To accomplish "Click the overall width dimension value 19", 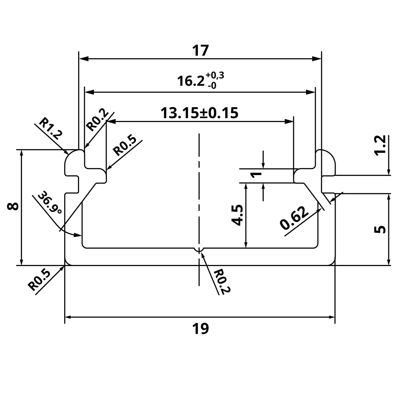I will click(x=200, y=329).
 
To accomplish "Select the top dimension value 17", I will click(x=200, y=51).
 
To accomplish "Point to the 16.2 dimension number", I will click(x=191, y=81).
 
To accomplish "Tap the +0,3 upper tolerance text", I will click(x=215, y=76).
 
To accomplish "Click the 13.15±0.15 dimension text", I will click(x=199, y=113).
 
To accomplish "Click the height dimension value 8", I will click(x=13, y=207).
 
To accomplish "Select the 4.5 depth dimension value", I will click(x=237, y=215).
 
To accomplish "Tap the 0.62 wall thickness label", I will click(x=294, y=218).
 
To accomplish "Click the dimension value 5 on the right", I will click(x=380, y=229).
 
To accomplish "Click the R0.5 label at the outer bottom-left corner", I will click(x=39, y=280).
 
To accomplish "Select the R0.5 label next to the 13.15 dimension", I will click(x=125, y=146).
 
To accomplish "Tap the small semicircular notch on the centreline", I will click(x=199, y=250).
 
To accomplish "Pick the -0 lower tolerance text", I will click(x=212, y=86).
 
